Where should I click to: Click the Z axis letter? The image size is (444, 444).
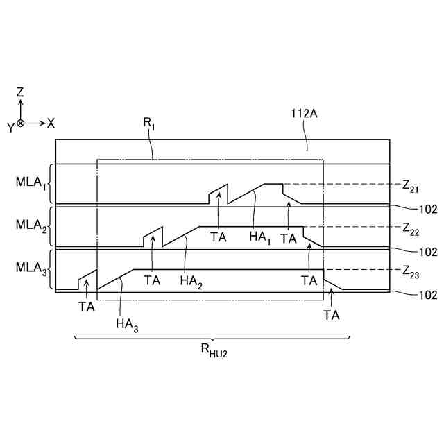pyautogui.click(x=21, y=92)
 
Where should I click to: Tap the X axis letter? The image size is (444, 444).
pyautogui.click(x=51, y=123)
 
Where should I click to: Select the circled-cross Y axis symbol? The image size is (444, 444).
pyautogui.click(x=21, y=123)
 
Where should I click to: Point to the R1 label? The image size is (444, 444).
pyautogui.click(x=149, y=123)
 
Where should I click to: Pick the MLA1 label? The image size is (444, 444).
pyautogui.click(x=31, y=183)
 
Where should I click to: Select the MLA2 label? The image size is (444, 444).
pyautogui.click(x=31, y=226)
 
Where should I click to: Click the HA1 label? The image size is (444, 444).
pyautogui.click(x=259, y=237)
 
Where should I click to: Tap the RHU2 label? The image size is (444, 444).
pyautogui.click(x=214, y=351)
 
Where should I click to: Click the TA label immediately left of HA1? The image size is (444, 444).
pyautogui.click(x=219, y=237)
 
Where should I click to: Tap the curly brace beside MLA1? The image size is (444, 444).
pyautogui.click(x=51, y=184)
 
